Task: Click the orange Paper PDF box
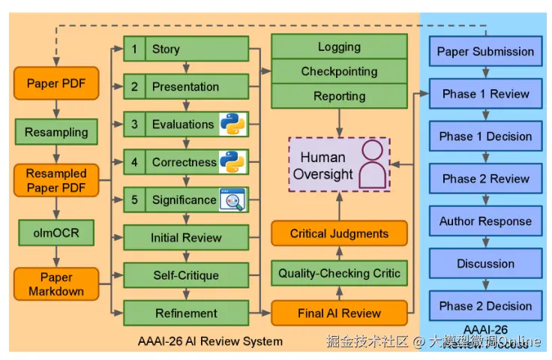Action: pyautogui.click(x=56, y=83)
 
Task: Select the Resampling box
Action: pyautogui.click(x=56, y=132)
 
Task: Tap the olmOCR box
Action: pyautogui.click(x=56, y=233)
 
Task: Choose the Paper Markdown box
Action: pyautogui.click(x=56, y=283)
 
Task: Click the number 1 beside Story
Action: pyautogui.click(x=134, y=49)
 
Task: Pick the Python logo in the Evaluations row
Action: pyautogui.click(x=233, y=124)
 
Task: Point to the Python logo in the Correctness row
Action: pyautogui.click(x=233, y=161)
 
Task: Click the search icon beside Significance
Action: pyautogui.click(x=232, y=199)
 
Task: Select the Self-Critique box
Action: pyautogui.click(x=186, y=275)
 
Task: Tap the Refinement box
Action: pyautogui.click(x=186, y=313)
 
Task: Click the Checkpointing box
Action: pyautogui.click(x=339, y=71)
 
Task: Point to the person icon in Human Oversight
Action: pyautogui.click(x=372, y=166)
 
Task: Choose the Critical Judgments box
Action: pyautogui.click(x=339, y=234)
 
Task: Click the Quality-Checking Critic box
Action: pyautogui.click(x=339, y=273)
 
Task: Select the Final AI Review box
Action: pyautogui.click(x=339, y=313)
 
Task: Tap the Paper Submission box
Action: pyautogui.click(x=485, y=52)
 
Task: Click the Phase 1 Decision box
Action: pyautogui.click(x=485, y=136)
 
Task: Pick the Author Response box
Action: pyautogui.click(x=485, y=221)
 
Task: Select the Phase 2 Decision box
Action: pyautogui.click(x=485, y=306)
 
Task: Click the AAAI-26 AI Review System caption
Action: pyautogui.click(x=210, y=341)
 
